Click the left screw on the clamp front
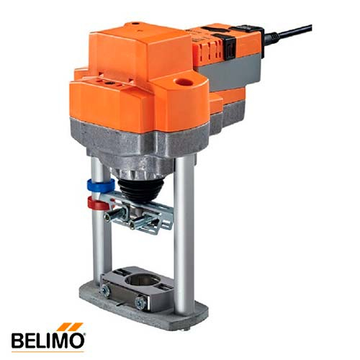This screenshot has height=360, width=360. coord(105,289)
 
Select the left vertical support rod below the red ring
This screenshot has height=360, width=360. coord(99,245)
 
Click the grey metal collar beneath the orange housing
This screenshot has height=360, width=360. coord(144,148)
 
